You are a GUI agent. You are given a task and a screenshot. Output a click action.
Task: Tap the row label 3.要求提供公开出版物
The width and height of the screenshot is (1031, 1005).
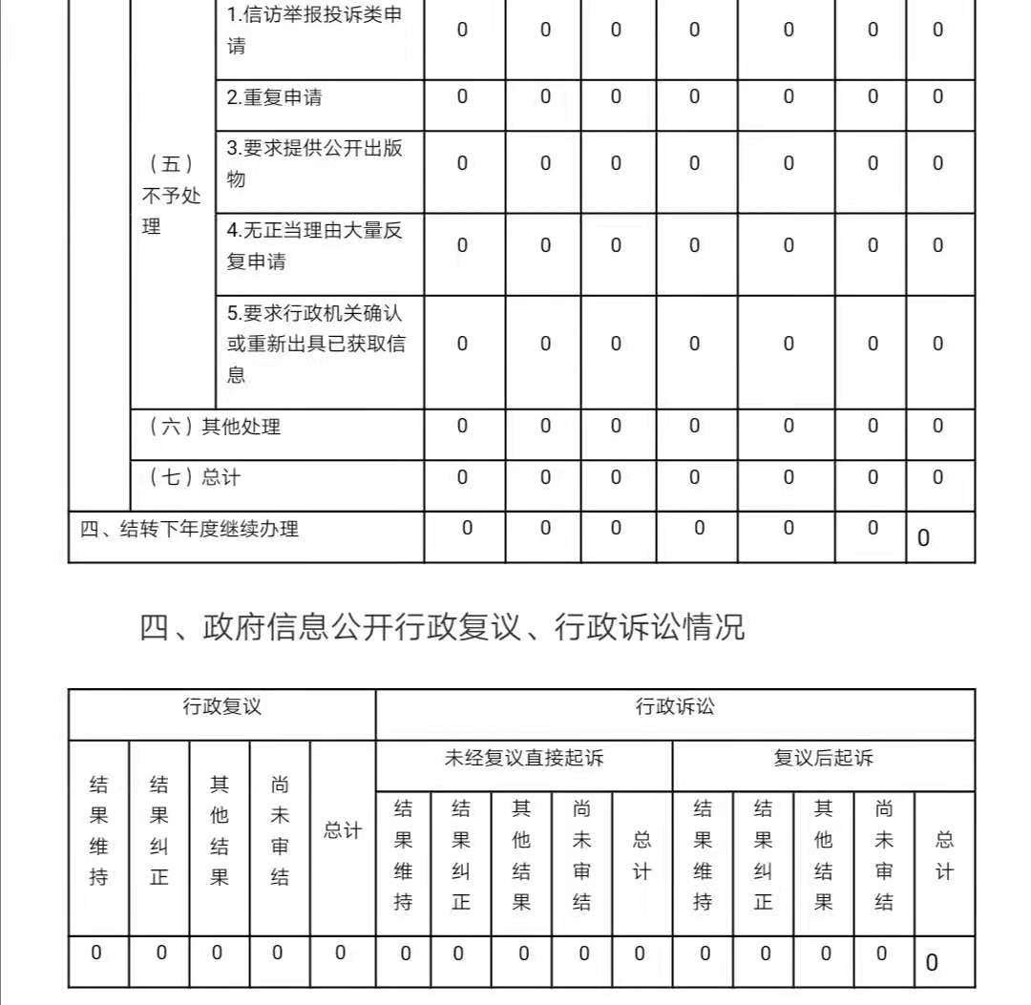pos(314,163)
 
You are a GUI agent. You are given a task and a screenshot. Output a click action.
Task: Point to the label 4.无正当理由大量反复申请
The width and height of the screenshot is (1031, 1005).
pos(314,245)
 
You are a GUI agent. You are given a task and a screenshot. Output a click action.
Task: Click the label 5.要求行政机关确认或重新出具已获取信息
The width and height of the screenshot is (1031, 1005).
pos(314,344)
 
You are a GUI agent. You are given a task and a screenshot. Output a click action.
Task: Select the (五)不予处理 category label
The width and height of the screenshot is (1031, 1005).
pos(172,195)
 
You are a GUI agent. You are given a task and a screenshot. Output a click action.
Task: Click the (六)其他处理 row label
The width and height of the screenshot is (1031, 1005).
pos(215,427)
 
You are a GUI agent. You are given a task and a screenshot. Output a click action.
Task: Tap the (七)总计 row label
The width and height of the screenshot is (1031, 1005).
pos(195,476)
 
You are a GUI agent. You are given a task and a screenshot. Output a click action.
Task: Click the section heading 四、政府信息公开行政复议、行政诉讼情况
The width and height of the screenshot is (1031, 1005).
pos(442,627)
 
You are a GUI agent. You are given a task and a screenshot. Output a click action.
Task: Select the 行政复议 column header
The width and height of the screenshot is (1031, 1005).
pos(221,707)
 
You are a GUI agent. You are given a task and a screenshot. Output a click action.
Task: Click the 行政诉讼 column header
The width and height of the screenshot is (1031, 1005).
pos(675,707)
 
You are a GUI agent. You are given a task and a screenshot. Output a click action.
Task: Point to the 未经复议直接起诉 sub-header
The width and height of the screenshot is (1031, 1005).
pos(524,759)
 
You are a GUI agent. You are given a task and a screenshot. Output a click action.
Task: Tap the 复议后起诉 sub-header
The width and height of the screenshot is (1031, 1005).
pos(823,759)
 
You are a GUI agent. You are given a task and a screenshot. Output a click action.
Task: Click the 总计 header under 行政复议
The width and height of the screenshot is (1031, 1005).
pos(341,830)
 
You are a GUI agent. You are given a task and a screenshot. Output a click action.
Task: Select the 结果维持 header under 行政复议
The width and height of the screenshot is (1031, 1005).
pos(98,830)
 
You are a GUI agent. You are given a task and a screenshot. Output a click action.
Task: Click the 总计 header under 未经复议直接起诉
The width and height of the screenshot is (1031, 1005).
pos(642,855)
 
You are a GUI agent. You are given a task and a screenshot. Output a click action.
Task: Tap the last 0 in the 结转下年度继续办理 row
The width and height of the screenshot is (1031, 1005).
pos(923,538)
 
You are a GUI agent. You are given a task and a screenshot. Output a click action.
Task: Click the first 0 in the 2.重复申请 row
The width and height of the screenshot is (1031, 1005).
pos(462,96)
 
